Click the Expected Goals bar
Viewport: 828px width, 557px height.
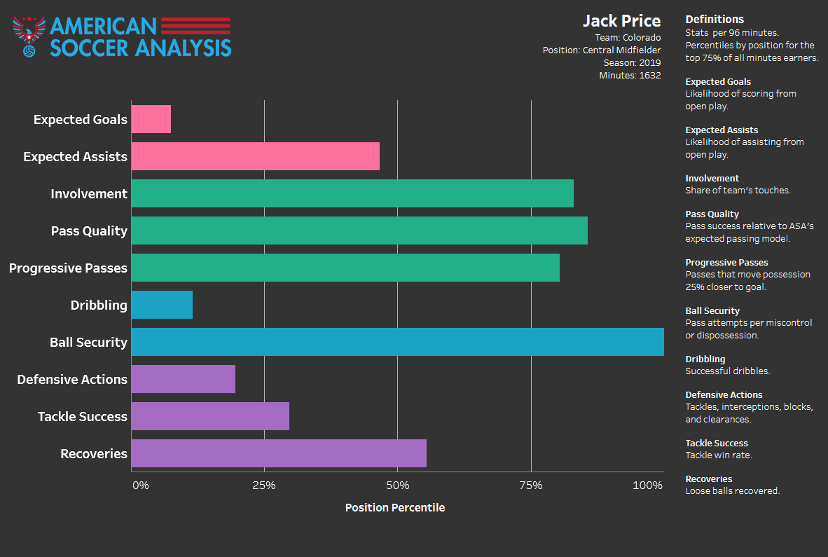point(151,119)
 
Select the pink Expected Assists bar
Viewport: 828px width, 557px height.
point(255,156)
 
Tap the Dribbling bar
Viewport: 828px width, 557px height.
point(162,305)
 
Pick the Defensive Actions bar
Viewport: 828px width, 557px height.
point(183,379)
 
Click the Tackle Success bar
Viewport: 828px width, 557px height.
point(210,416)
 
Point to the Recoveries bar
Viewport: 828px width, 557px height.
point(279,453)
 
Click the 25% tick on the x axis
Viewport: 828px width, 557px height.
point(263,486)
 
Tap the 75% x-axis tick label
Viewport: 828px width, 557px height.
point(530,486)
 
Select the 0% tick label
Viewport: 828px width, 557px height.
point(140,486)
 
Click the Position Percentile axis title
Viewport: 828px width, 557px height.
point(395,507)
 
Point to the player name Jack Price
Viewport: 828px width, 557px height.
point(621,21)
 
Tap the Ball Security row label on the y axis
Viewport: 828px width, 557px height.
point(88,343)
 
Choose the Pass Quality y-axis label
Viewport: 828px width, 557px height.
point(89,231)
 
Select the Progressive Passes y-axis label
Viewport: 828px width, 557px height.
point(68,268)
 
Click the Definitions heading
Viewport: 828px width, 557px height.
point(715,20)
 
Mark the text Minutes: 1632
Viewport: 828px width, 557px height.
point(630,75)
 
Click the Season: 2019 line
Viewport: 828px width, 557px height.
point(632,62)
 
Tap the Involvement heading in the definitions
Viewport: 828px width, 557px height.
point(712,179)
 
